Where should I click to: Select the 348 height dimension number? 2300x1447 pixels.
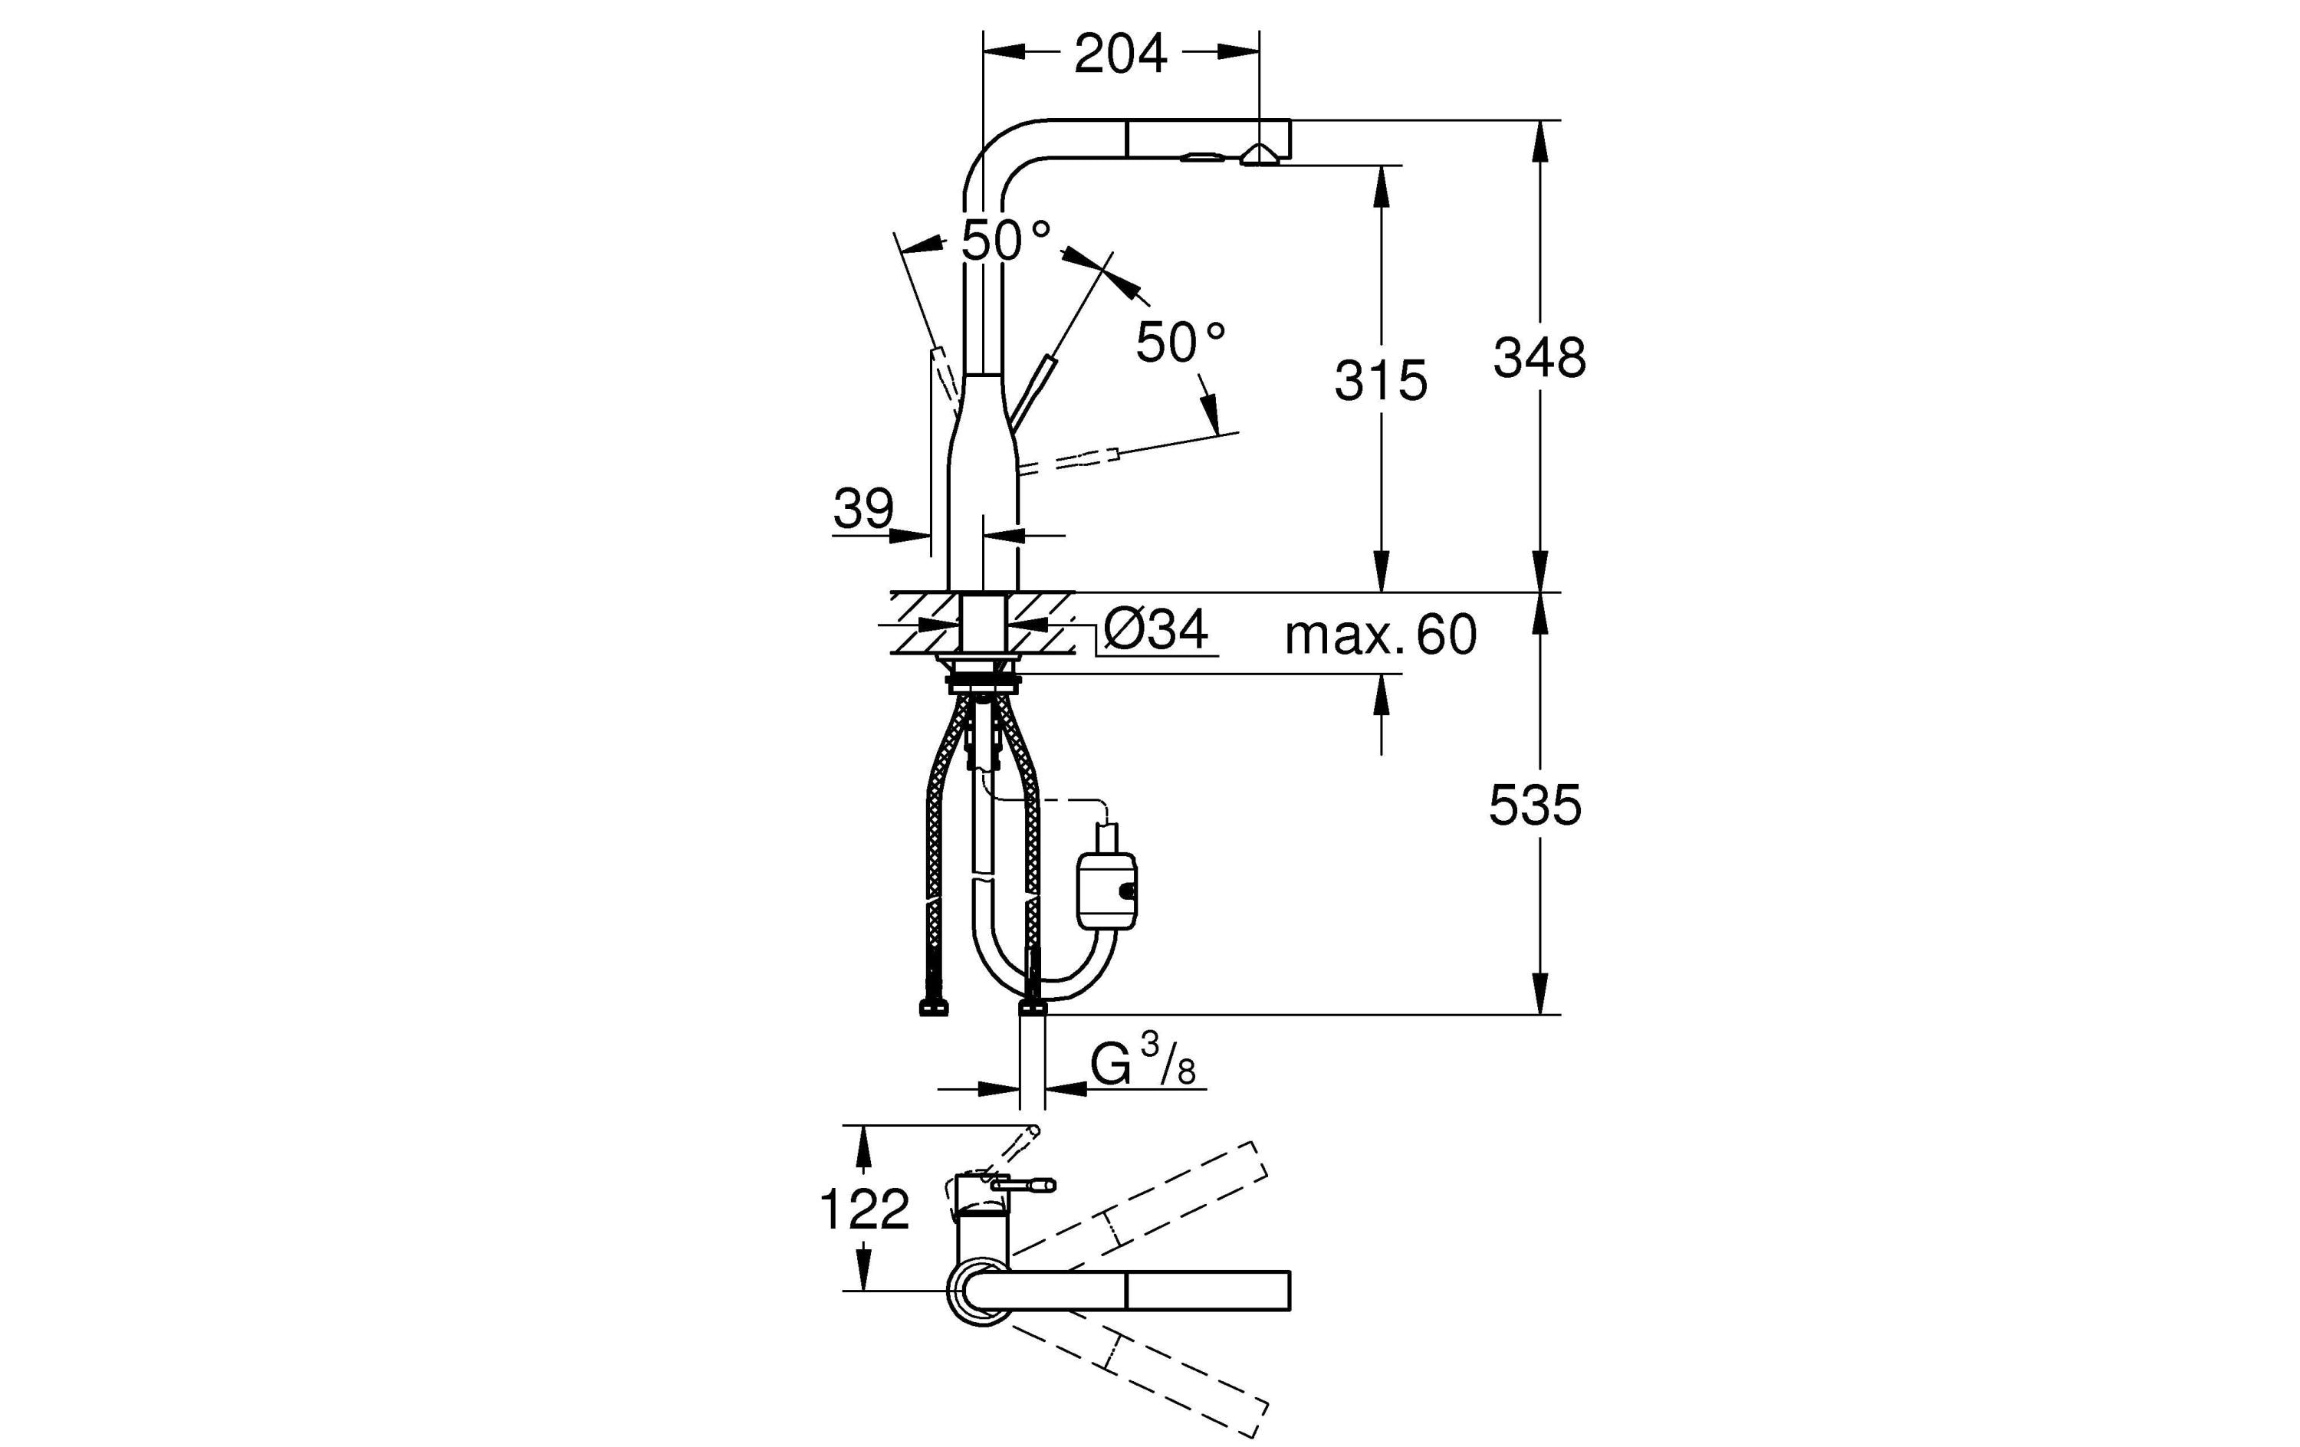[x=1539, y=358]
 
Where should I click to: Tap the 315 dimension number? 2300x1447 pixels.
[x=1380, y=380]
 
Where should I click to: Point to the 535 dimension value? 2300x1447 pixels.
[x=1534, y=806]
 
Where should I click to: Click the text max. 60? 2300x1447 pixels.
[x=1380, y=634]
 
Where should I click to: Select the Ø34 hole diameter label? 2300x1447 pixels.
[x=1155, y=629]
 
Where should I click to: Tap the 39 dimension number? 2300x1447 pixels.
[x=863, y=508]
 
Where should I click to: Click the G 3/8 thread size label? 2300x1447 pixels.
[x=1142, y=1062]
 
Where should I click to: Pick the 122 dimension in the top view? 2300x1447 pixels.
[x=864, y=1210]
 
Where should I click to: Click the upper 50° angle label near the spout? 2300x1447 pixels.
[x=1005, y=240]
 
